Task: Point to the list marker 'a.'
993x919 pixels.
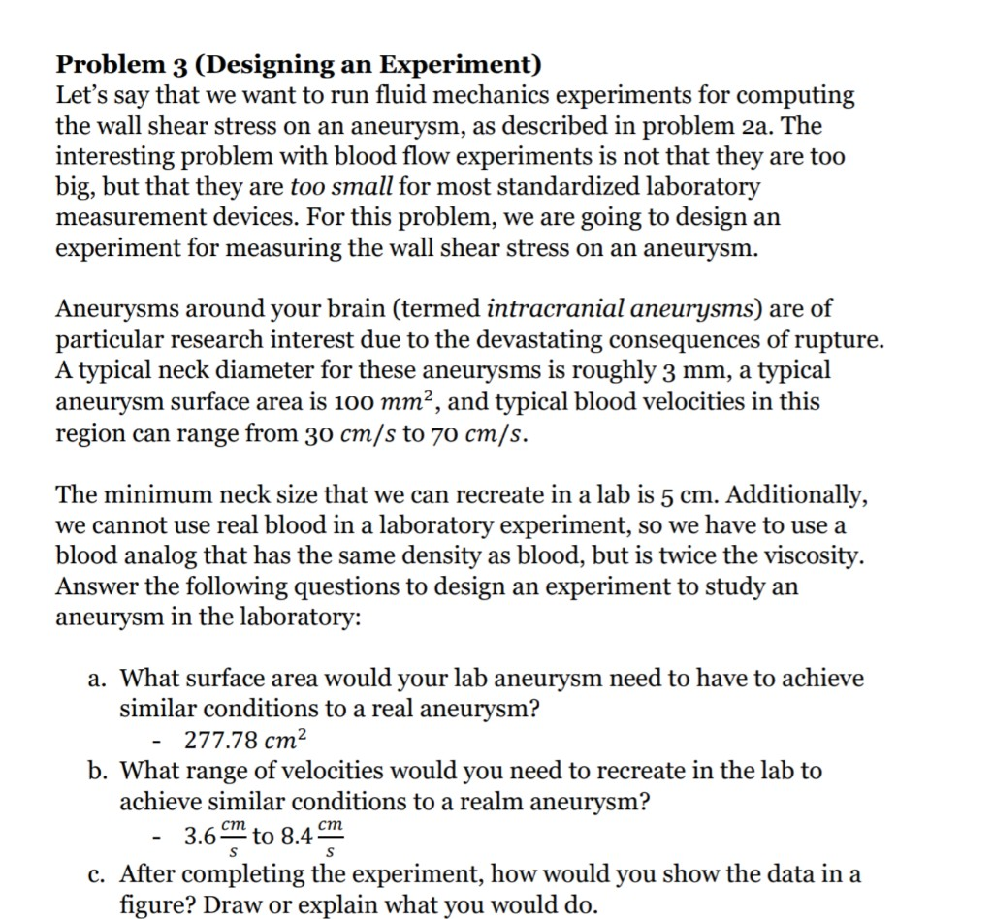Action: pyautogui.click(x=93, y=679)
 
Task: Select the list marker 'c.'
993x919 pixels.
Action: pyautogui.click(x=93, y=874)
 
